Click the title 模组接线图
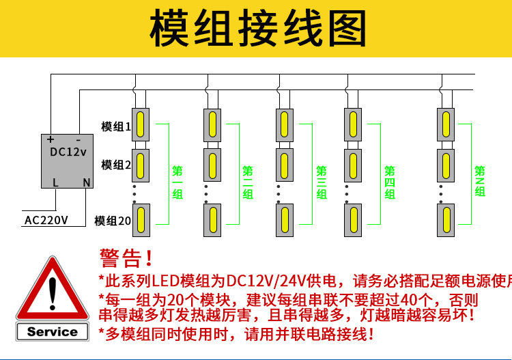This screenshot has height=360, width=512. tap(258, 28)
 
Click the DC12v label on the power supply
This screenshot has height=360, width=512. tap(68, 152)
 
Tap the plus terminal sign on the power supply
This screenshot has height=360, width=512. tap(51, 139)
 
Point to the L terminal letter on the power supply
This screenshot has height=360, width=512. tap(55, 182)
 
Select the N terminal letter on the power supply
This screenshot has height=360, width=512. tap(87, 182)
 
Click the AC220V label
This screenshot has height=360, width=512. tap(46, 220)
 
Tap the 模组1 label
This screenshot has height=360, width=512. tap(116, 126)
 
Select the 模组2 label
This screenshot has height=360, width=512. tap(116, 165)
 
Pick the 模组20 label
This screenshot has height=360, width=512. tap(113, 221)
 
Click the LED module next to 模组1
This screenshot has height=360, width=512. tap(141, 125)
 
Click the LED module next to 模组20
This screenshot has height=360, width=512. tap(141, 220)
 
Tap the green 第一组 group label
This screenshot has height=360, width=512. tap(177, 182)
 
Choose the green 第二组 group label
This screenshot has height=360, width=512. tap(248, 182)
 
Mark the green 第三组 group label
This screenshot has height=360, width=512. tap(322, 182)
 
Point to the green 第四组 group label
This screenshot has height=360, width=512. tap(390, 182)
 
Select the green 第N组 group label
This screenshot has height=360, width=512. tap(480, 181)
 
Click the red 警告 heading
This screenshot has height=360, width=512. tap(126, 258)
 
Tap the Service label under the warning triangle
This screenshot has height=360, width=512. tap(53, 331)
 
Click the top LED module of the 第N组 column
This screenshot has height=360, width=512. tap(446, 125)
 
